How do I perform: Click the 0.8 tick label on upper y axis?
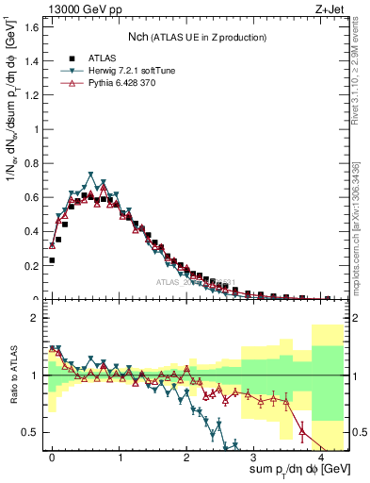click(31, 163)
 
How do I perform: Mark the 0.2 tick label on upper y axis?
click(31, 266)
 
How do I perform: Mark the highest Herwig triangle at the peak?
click(91, 175)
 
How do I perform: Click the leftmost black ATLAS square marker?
click(52, 259)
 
